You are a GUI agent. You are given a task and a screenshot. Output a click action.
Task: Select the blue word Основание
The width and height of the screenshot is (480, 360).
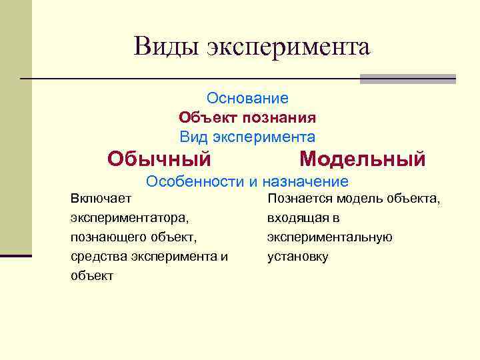coord(247,99)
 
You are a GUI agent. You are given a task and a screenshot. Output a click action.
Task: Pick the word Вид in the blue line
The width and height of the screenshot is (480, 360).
coord(194,137)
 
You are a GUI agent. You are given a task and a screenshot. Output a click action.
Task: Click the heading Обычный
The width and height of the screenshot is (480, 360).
coord(159,159)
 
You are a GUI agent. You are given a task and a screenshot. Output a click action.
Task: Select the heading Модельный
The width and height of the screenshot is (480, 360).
coord(362,159)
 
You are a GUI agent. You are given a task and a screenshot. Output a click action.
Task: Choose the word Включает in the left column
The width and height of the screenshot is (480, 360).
coord(101,198)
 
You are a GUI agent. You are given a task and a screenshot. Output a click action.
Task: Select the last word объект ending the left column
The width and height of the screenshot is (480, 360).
coord(91,275)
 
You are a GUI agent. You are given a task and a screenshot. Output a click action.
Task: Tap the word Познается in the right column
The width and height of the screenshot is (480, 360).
coord(299,198)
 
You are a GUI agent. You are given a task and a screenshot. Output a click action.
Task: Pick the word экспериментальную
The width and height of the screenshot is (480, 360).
coord(329,237)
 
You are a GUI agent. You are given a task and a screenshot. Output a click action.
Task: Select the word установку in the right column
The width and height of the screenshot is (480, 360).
coord(297,256)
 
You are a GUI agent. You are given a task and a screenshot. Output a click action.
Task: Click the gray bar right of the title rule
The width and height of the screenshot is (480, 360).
coord(407,79)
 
